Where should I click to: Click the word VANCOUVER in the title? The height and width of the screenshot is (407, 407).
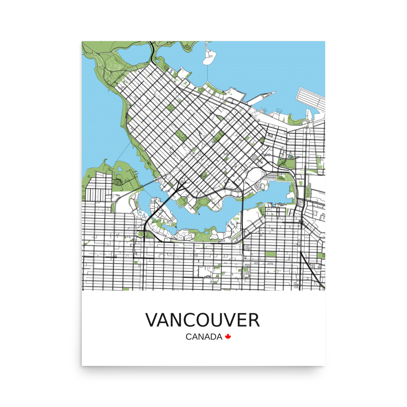[202, 320]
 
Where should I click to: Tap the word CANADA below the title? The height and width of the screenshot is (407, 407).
[204, 337]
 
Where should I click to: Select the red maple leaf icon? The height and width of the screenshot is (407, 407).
[228, 337]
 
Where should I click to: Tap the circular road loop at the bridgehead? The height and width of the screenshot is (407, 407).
[182, 181]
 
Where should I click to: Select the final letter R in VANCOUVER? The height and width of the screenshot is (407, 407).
[253, 320]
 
